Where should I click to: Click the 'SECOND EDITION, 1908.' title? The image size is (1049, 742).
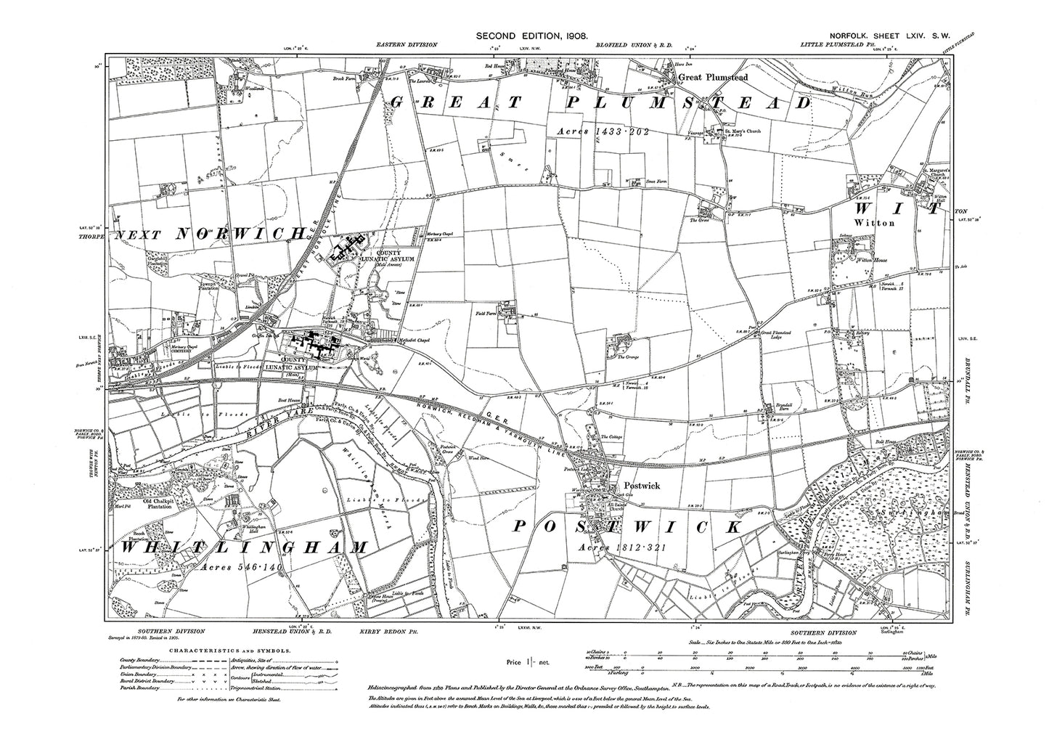coord(531,35)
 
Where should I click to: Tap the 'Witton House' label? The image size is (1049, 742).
coord(873,259)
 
